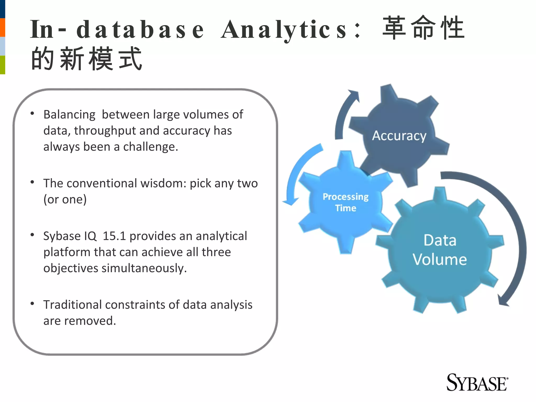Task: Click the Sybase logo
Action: [x=477, y=383]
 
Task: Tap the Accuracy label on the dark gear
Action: [x=399, y=136]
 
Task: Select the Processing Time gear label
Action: [x=345, y=202]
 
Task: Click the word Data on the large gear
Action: [x=440, y=240]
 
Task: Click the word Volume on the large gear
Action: [x=440, y=259]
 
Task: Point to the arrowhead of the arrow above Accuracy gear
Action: [x=355, y=95]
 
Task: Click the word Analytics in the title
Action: [x=284, y=30]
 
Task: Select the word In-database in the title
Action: [x=116, y=30]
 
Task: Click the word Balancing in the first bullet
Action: [x=69, y=115]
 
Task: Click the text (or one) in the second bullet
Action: [x=65, y=199]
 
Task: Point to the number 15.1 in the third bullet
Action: [x=114, y=236]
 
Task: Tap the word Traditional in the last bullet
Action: [x=72, y=305]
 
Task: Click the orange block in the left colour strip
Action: [x=2, y=27]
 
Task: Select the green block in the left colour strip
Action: [x=2, y=65]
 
